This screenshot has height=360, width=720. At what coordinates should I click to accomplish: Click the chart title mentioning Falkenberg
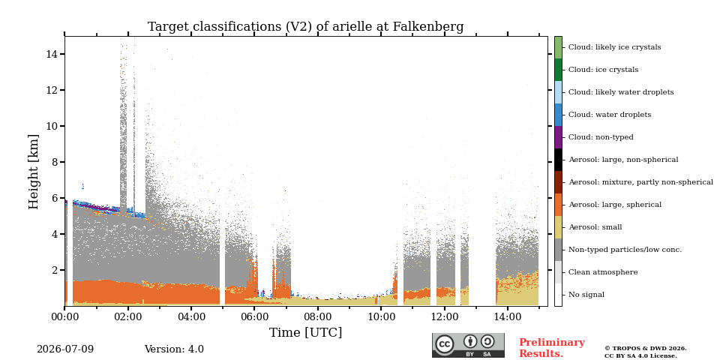[x=305, y=27]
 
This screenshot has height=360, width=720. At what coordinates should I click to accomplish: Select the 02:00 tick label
[x=127, y=316]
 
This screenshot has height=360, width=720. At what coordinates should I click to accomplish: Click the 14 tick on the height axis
[x=52, y=54]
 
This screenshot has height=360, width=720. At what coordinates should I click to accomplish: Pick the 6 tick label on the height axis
[x=54, y=198]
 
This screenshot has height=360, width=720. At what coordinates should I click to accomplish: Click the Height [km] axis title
[x=34, y=172]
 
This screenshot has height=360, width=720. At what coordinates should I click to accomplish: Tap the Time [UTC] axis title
[x=305, y=332]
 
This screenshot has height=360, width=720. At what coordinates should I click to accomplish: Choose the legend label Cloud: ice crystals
[x=603, y=70]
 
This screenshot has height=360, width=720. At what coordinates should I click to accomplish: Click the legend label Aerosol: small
[x=595, y=227]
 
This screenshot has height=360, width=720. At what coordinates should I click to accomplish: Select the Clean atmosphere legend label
[x=603, y=272]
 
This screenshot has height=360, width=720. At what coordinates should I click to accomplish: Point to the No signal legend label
[x=586, y=295]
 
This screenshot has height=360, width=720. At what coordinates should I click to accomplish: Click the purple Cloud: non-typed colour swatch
[x=558, y=137]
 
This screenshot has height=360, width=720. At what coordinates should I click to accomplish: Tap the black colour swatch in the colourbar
[x=558, y=160]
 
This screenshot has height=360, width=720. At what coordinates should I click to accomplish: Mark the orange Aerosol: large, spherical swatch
[x=558, y=205]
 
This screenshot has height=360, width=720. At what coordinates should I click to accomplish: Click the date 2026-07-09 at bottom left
[x=65, y=349]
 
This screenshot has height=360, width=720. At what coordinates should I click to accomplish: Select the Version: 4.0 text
[x=174, y=349]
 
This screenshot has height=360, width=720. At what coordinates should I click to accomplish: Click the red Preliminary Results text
[x=552, y=348]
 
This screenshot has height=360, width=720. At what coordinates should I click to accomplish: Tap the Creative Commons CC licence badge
[x=468, y=345]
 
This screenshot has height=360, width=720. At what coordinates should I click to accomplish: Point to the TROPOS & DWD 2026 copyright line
[x=646, y=349]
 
